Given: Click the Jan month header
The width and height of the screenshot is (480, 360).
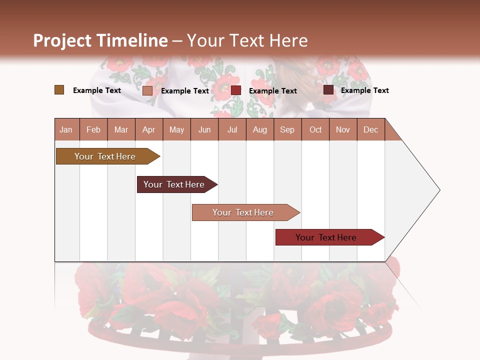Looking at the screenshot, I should pyautogui.click(x=66, y=130).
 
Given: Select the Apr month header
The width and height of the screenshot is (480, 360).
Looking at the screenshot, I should pyautogui.click(x=149, y=130).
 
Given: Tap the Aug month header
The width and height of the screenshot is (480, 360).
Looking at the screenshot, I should pyautogui.click(x=259, y=130).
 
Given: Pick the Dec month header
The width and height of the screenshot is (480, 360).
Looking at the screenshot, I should pyautogui.click(x=370, y=130).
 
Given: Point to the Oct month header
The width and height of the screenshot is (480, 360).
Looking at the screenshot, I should pyautogui.click(x=315, y=130).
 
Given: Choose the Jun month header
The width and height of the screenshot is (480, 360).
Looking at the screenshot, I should pyautogui.click(x=204, y=130).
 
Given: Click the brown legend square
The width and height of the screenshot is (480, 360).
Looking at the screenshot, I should pyautogui.click(x=59, y=90).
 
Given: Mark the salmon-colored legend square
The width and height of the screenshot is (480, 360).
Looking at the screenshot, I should pyautogui.click(x=147, y=90).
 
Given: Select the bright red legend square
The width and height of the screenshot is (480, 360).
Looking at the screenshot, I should pyautogui.click(x=236, y=90).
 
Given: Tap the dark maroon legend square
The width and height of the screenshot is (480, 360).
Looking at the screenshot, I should pyautogui.click(x=328, y=90).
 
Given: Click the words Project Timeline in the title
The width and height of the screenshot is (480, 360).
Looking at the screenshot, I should pyautogui.click(x=100, y=40).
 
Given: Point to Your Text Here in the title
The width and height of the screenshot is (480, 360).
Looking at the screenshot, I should pyautogui.click(x=247, y=40).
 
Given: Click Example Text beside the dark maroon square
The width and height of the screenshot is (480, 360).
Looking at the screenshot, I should pyautogui.click(x=364, y=90).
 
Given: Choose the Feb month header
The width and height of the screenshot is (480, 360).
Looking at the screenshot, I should pyautogui.click(x=93, y=130).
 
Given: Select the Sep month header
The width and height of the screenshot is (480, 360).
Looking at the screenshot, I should pyautogui.click(x=287, y=130).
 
